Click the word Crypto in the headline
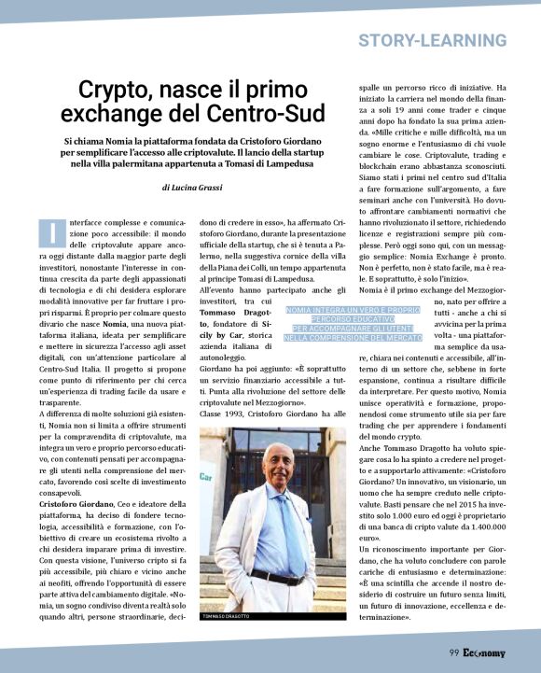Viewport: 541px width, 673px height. pos(112,91)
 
